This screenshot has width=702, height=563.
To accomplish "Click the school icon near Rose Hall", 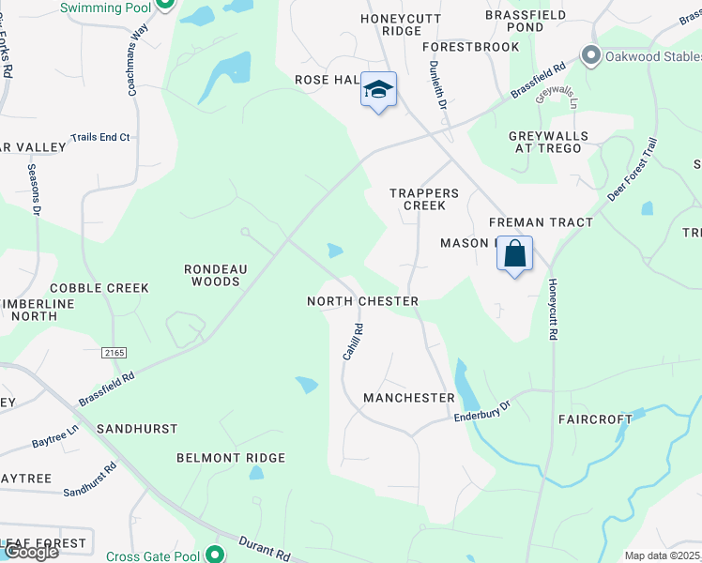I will coord(378,90).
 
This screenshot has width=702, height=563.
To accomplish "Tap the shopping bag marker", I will coord(515,253).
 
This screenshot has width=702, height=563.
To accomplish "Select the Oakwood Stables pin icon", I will coord(591,55).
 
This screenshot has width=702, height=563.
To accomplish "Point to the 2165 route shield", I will coord(114,351).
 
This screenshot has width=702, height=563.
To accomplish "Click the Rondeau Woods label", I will coord(217,275).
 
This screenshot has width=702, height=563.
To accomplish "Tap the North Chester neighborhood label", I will coord(362,301).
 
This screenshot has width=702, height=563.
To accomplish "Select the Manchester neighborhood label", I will coord(409,398).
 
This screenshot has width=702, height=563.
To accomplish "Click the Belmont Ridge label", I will coord(231,458).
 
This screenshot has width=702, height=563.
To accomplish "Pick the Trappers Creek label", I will coord(424,199).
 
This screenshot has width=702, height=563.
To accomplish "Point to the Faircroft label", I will coord(595,419).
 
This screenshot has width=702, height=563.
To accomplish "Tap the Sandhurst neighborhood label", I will coord(136,429).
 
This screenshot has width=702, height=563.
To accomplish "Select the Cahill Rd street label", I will coord(352,342).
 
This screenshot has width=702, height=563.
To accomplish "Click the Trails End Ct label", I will coord(99,138).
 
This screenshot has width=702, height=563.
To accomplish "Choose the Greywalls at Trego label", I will coord(548,143).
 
